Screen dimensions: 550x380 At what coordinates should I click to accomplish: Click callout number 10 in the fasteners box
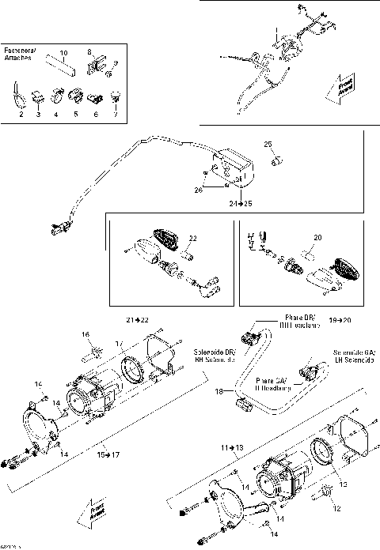point(64,51)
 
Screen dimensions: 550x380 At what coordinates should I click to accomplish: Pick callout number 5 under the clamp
point(76,115)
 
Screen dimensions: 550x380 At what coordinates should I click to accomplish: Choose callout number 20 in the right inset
point(317,238)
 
